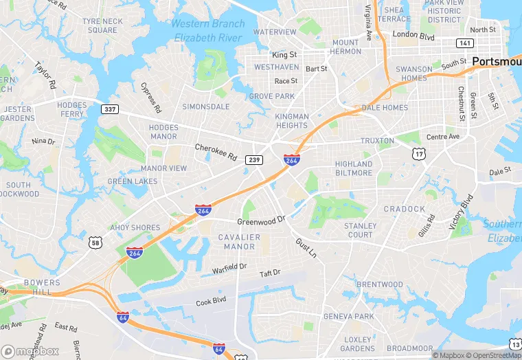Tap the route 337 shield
[x=109, y=109]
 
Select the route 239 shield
[x=254, y=159]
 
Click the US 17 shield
[x=418, y=154]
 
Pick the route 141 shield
[x=465, y=43]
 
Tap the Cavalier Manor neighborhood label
[x=240, y=242]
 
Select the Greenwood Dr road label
[x=261, y=221]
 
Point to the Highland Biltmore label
[x=354, y=169]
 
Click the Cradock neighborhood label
[x=405, y=209]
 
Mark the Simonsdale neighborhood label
[x=206, y=107]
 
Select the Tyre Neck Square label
[x=102, y=25]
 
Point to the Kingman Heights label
[x=291, y=121]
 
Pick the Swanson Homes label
[x=413, y=74]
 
